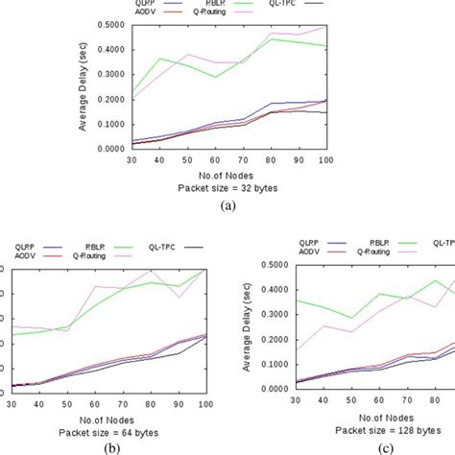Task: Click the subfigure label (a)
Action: (227, 204)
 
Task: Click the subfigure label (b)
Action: (114, 446)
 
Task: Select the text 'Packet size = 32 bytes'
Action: (227, 187)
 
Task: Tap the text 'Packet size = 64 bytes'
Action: (114, 429)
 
